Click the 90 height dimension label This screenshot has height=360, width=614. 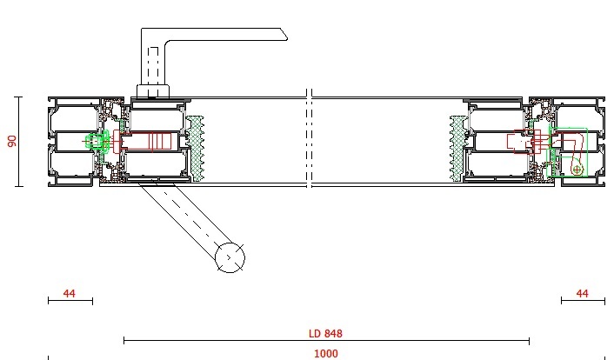(x=12, y=141)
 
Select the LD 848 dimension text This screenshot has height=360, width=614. (x=325, y=333)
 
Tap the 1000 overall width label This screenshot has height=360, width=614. (x=326, y=354)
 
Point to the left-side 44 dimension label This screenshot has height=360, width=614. (x=69, y=293)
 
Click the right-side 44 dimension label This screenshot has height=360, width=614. (x=582, y=293)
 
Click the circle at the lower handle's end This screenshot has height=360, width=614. (x=230, y=257)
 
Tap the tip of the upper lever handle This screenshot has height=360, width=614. (x=287, y=38)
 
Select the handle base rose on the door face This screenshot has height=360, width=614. (x=153, y=91)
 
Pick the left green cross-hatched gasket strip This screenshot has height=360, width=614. (x=195, y=149)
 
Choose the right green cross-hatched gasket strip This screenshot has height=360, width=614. (x=457, y=149)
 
